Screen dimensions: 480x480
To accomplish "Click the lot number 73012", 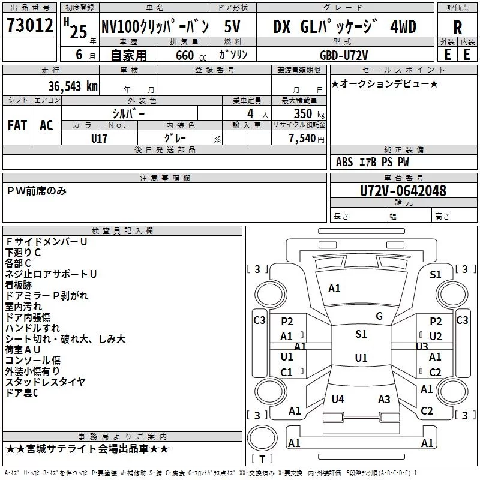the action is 29,25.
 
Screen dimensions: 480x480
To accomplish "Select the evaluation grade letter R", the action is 457,27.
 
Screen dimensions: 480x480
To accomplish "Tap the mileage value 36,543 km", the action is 73,86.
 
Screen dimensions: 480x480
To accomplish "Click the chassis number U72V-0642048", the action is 403,191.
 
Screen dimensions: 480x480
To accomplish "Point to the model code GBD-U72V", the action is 344,55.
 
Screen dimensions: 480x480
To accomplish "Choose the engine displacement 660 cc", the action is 191,56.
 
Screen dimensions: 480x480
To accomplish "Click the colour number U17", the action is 99,139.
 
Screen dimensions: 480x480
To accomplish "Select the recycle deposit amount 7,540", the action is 302,139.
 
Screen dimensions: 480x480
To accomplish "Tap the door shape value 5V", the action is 232,26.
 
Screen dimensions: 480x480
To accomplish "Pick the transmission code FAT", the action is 17,125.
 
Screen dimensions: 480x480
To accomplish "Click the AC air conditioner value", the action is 46,125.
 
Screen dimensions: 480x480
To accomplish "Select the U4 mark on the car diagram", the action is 338,399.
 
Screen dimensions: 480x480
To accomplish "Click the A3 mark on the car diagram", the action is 384,399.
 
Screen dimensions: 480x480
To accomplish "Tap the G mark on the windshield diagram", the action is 379,316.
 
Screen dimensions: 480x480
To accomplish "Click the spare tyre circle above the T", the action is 262,438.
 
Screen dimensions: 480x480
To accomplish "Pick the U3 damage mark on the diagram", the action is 422,347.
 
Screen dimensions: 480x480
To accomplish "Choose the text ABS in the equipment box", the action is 344,162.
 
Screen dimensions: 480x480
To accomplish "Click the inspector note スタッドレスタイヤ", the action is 45,382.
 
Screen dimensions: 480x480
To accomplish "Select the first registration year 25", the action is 79,32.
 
